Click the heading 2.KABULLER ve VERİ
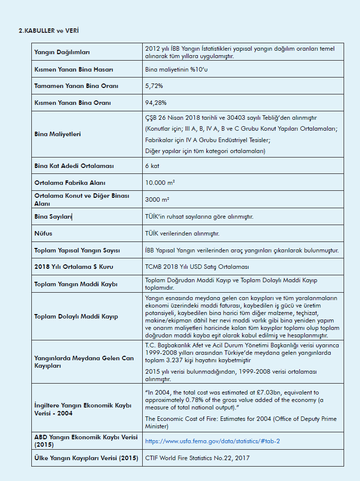point(48,31)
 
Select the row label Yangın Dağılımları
point(62,52)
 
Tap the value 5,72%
point(154,86)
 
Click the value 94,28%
point(156,103)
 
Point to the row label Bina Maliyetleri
point(57,134)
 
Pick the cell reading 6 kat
point(152,165)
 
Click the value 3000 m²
point(157,200)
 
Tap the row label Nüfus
point(43,233)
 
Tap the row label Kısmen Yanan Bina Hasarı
point(74,69)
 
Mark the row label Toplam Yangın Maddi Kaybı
point(76,284)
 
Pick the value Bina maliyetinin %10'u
point(177,69)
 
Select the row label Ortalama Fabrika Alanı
point(70,182)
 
